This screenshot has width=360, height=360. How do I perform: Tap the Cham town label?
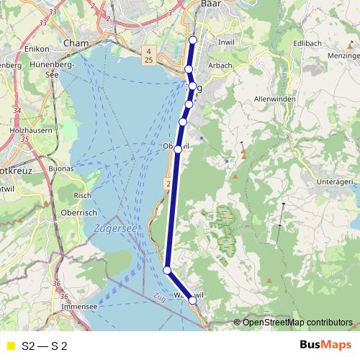click(76, 43)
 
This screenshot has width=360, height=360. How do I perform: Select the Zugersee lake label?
click(115, 228)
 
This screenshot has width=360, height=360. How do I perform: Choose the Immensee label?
click(79, 306)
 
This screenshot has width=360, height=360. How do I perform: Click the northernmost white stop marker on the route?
click(192, 40)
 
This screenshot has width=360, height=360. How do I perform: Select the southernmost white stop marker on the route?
click(193, 301)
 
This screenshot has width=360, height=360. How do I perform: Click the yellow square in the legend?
click(11, 346)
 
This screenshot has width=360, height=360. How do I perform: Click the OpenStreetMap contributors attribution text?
click(297, 322)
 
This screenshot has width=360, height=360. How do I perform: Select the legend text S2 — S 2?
click(45, 346)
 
